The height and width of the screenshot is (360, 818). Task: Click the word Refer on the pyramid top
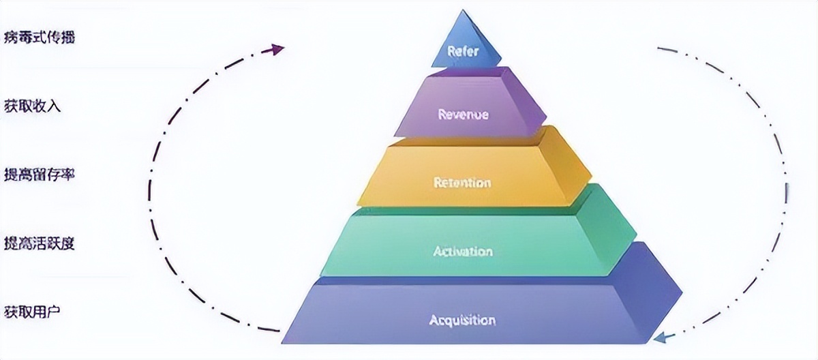463,50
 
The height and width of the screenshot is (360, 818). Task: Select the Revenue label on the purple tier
463,114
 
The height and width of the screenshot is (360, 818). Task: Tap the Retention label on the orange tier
462,183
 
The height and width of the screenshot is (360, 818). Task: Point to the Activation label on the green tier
462,252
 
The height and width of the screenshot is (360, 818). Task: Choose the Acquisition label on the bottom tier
462,320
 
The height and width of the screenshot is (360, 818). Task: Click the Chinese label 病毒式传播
39,37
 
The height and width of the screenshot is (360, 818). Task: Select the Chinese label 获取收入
32,106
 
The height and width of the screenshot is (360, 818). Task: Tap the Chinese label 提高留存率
39,174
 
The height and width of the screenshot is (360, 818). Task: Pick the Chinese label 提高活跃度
39,243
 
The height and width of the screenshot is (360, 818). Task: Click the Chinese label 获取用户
32,312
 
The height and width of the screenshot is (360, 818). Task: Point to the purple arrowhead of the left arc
277,48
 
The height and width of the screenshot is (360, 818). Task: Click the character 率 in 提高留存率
67,174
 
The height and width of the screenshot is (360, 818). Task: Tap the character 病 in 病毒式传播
10,37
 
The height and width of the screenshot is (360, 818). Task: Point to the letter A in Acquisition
434,320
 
